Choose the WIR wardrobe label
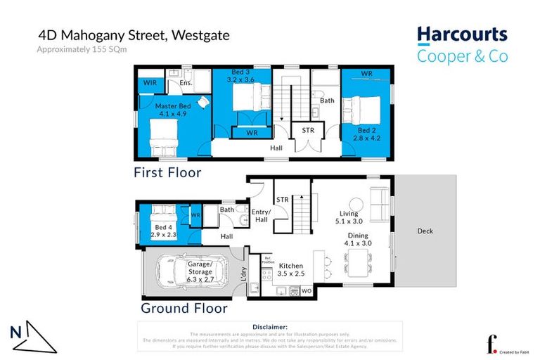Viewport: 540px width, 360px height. (x=150, y=83)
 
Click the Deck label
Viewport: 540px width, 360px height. (x=425, y=231)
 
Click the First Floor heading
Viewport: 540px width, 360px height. (x=169, y=172)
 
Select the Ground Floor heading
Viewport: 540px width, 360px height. (x=184, y=308)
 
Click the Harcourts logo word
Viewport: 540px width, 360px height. (x=462, y=34)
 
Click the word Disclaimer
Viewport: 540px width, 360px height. (x=270, y=327)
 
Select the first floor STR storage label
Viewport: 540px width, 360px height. (x=308, y=130)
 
